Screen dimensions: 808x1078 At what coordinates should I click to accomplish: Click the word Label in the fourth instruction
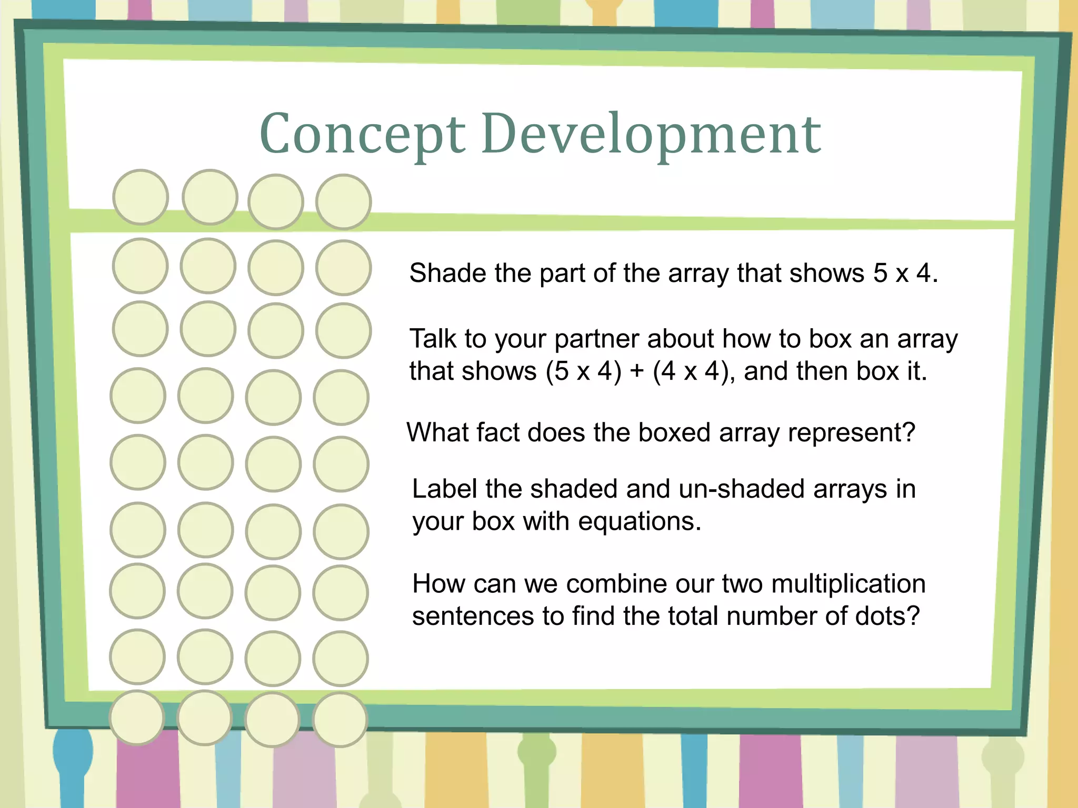444,489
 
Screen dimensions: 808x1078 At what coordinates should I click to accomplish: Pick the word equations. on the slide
640,521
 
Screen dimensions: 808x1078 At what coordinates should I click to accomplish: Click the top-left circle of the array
141,197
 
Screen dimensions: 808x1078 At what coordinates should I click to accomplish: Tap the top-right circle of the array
344,202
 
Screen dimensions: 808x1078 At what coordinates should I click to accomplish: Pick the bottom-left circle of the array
137,718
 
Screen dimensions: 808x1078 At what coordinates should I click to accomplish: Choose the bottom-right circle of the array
340,720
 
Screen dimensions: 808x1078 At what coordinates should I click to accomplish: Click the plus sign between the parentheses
637,372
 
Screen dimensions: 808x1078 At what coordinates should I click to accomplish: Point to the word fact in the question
497,433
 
